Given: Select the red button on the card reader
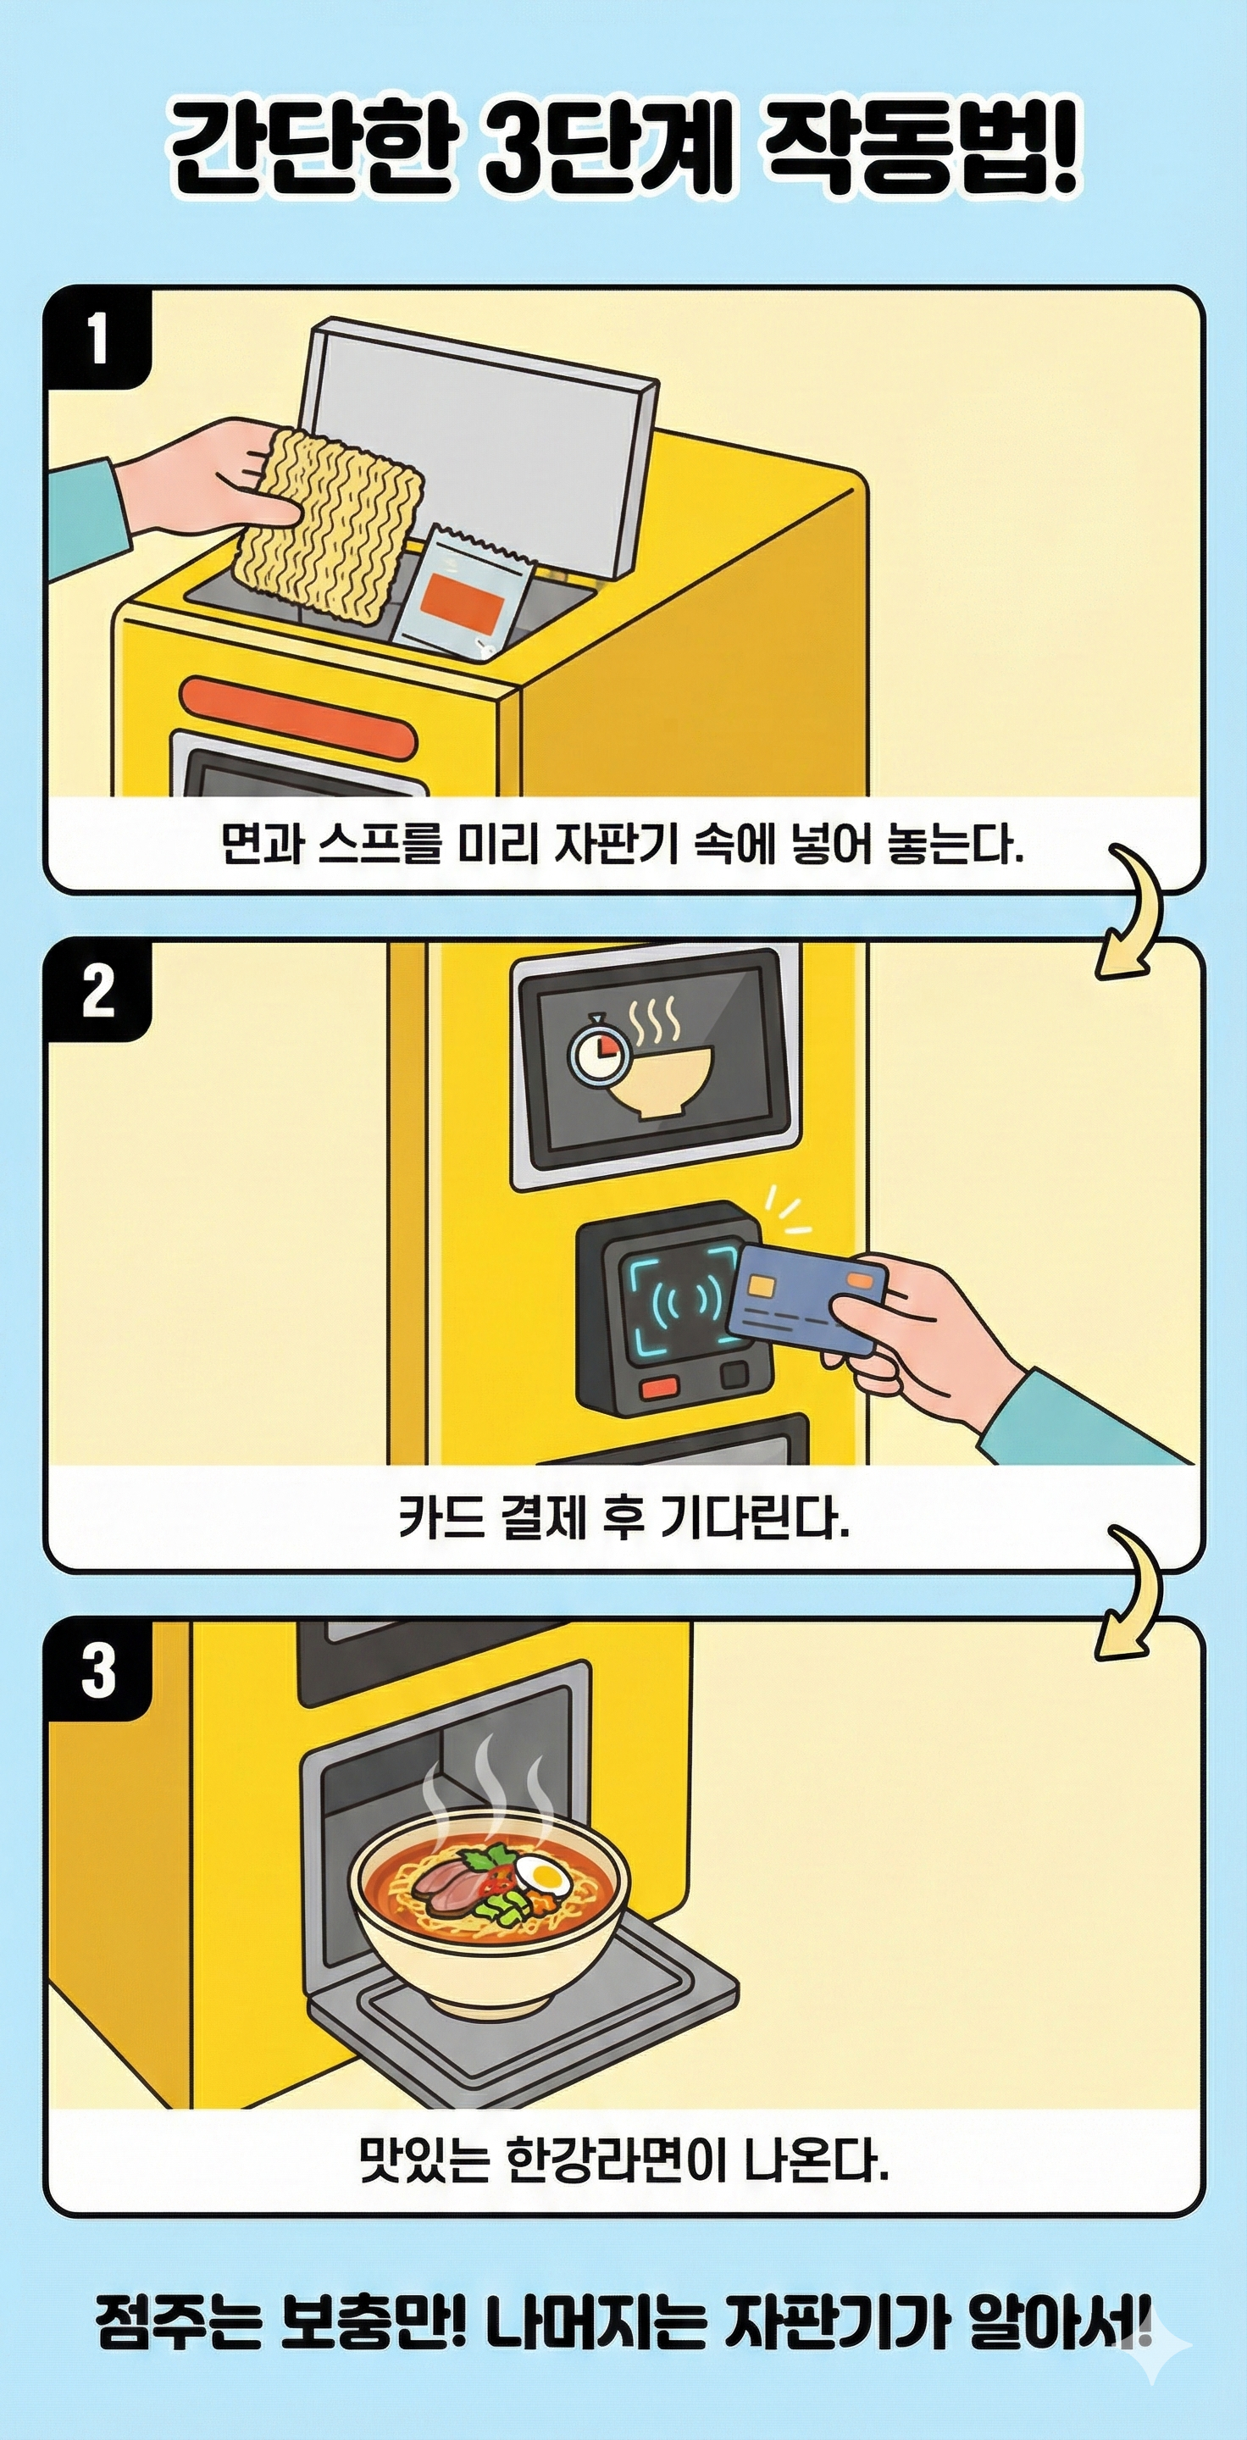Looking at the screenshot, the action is tap(659, 1388).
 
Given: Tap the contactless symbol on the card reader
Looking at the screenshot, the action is tap(681, 1307).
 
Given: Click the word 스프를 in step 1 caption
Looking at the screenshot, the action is tap(380, 846).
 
